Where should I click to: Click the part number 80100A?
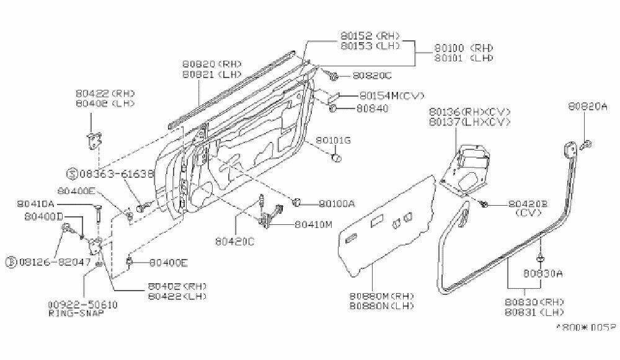coord(337,203)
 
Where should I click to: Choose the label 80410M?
coord(314,224)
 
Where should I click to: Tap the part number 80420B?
coord(528,203)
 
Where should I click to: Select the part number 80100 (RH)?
coord(463,47)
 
